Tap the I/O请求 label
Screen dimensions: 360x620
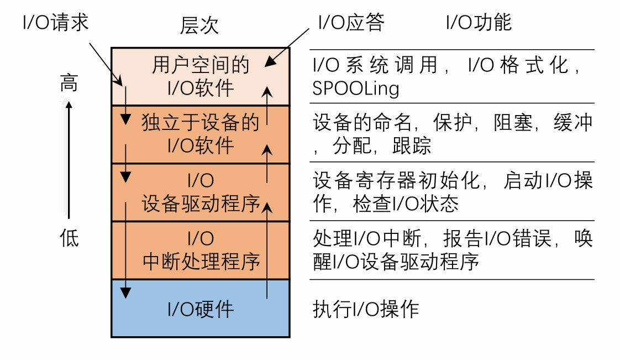tap(55, 23)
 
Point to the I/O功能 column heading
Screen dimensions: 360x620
tap(479, 23)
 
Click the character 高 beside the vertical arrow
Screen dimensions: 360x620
tap(69, 84)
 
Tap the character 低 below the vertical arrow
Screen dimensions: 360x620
tap(69, 238)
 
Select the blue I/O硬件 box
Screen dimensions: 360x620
tap(201, 309)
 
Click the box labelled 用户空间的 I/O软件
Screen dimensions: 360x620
tap(201, 76)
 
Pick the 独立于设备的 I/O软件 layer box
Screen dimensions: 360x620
tap(201, 134)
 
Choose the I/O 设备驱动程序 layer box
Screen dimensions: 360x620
tap(201, 192)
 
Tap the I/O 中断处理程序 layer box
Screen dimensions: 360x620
tap(201, 250)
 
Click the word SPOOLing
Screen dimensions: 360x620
tap(355, 89)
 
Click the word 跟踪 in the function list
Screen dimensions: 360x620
tap(412, 146)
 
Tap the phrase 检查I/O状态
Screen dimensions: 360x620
tap(406, 204)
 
